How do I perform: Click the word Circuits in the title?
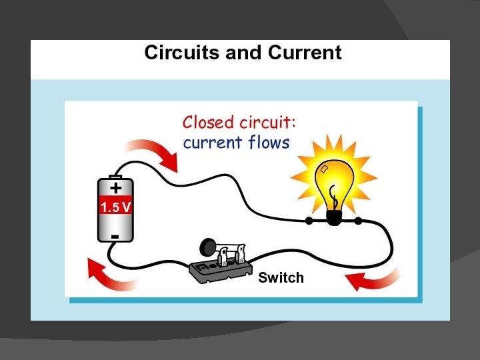tap(182, 53)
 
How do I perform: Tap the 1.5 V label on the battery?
tap(116, 207)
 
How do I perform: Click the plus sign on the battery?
tap(116, 187)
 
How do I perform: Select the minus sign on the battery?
tap(115, 236)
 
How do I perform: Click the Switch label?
tap(281, 277)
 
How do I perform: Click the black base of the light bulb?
tap(333, 215)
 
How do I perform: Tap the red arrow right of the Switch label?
tap(376, 281)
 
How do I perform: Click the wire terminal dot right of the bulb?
tap(359, 220)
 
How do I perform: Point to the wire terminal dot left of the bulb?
tap(308, 220)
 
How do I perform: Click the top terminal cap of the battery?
tap(115, 175)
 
